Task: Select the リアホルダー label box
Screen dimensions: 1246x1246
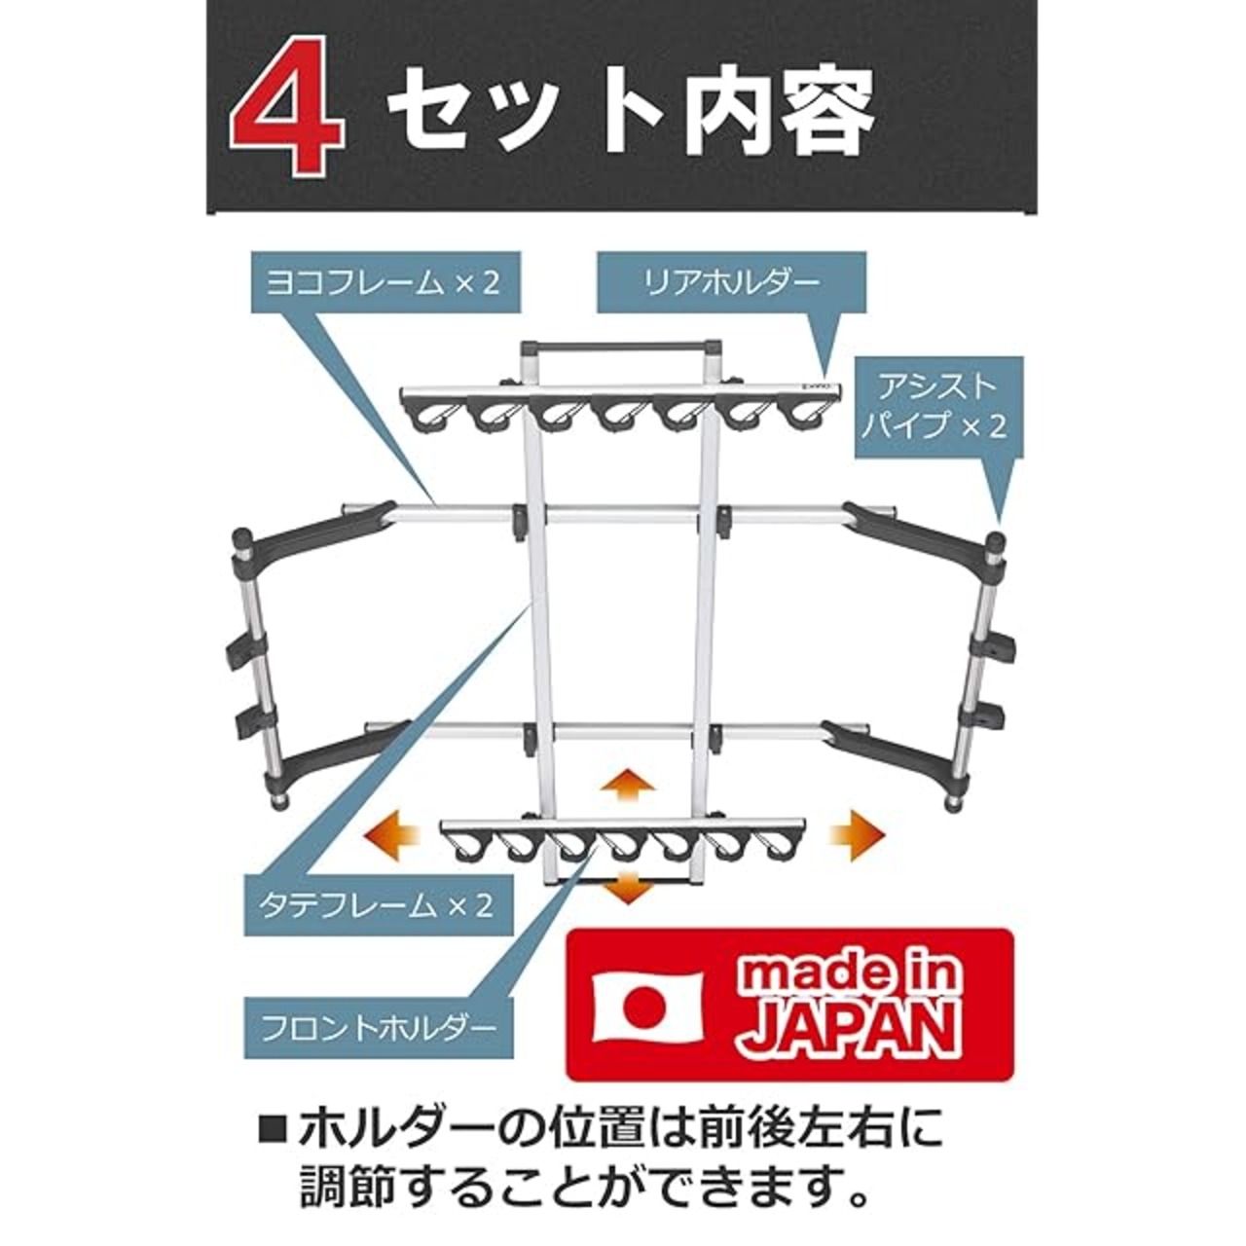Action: [730, 282]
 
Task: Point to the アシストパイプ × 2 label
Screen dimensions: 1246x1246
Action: [938, 408]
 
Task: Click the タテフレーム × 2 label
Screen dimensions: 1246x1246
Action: [379, 905]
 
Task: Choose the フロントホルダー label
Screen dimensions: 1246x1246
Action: [379, 1026]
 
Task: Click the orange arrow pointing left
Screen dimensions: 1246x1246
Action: [392, 836]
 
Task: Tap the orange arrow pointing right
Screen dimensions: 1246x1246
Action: [857, 835]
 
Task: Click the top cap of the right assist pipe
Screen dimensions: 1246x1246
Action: [997, 538]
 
